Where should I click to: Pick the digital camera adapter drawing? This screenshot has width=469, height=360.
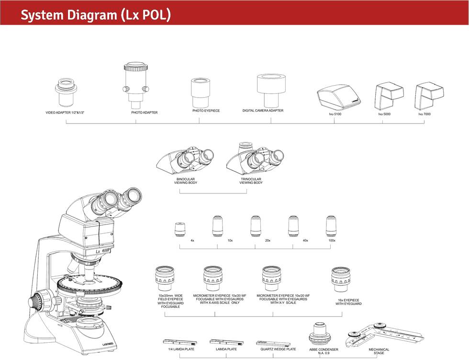click(x=270, y=90)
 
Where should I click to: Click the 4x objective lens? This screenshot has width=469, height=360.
click(x=179, y=229)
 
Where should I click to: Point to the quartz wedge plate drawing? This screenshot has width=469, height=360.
click(x=273, y=343)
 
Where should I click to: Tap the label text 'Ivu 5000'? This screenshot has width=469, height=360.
click(x=384, y=114)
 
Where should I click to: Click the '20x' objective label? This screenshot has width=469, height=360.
click(x=268, y=240)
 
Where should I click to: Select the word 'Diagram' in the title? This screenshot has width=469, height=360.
click(x=86, y=16)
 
